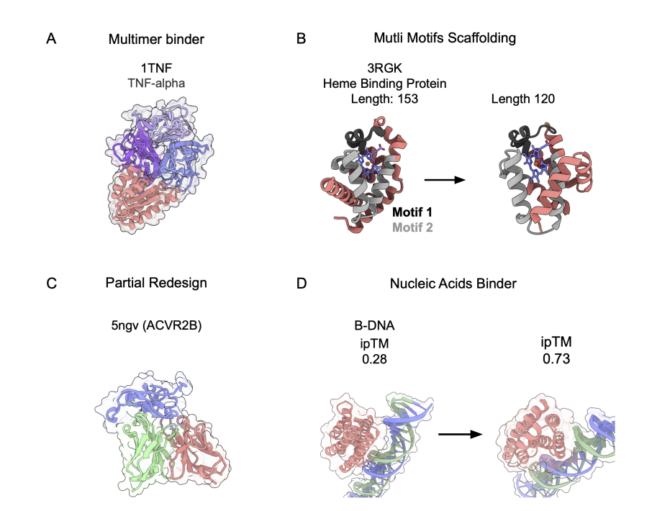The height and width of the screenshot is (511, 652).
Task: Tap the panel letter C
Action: click(x=51, y=283)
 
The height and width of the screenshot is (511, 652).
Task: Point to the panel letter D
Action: click(x=302, y=283)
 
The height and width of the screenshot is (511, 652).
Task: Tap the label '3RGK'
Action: click(x=383, y=71)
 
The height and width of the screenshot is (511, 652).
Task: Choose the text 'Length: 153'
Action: click(x=383, y=99)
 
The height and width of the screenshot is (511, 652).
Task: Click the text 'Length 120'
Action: click(x=523, y=99)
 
